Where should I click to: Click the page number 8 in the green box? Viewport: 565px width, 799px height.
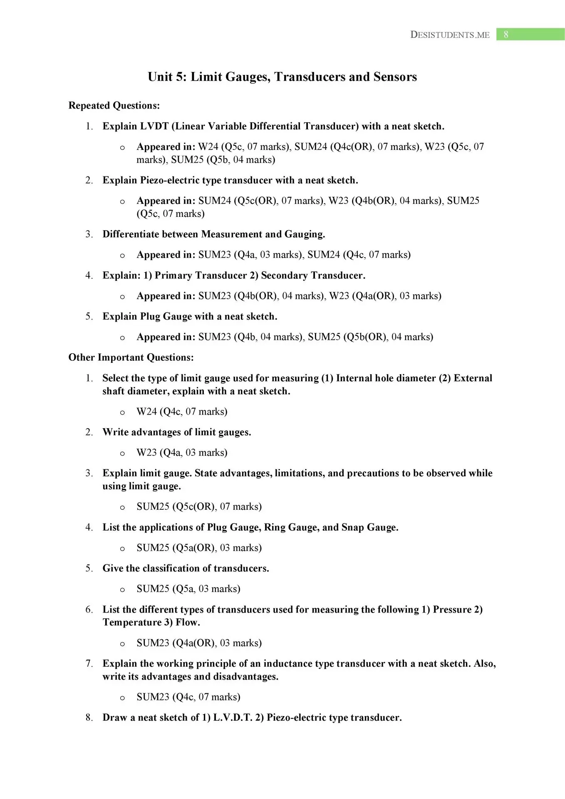click(506, 35)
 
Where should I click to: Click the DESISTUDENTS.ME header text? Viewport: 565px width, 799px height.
click(450, 35)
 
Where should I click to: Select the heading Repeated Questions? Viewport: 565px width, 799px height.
click(114, 106)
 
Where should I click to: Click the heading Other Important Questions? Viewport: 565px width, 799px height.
click(131, 357)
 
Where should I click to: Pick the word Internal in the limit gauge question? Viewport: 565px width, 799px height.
click(354, 378)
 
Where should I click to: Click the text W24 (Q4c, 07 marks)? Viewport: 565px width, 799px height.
click(182, 412)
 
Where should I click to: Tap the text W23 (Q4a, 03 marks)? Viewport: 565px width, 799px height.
click(182, 453)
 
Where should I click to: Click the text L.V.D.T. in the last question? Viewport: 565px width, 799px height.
click(233, 718)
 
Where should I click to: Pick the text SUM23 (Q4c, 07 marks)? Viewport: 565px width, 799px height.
click(188, 697)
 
